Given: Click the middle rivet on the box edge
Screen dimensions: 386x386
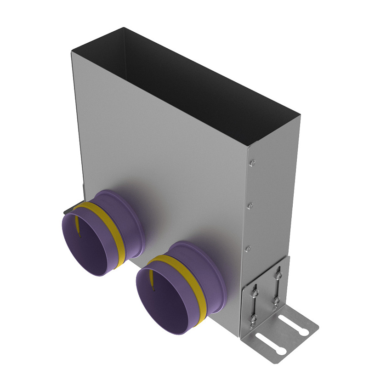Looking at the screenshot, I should [250, 205].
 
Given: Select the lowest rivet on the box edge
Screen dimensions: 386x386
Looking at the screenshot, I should [248, 249].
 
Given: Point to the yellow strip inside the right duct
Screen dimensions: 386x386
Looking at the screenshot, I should [151, 278].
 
